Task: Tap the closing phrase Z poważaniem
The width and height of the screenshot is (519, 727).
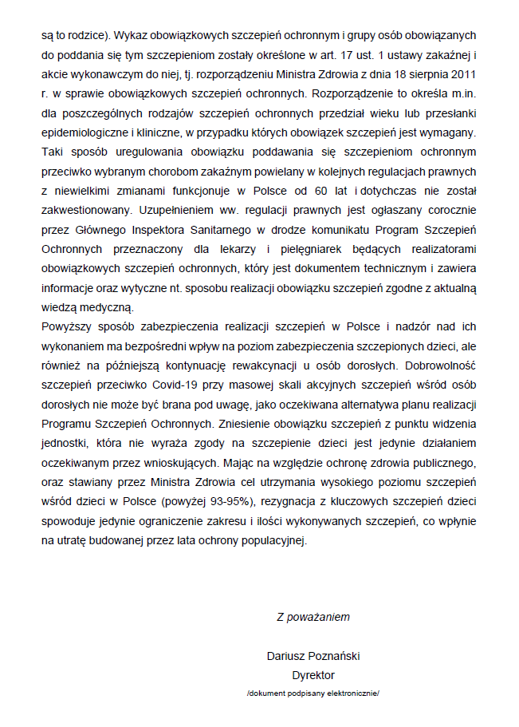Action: pos(313,616)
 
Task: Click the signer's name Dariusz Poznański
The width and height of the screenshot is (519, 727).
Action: pos(313,655)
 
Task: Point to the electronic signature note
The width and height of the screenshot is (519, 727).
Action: pos(313,694)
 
